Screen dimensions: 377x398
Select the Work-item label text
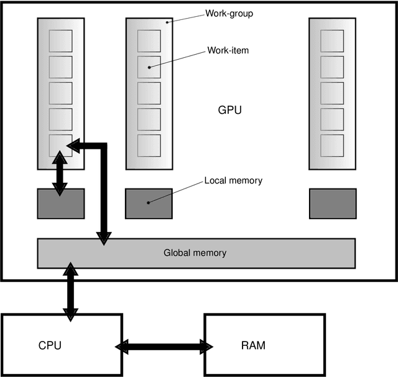click(228, 50)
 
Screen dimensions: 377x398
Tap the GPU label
click(229, 110)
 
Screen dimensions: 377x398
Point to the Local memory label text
click(233, 181)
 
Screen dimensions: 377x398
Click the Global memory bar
click(196, 253)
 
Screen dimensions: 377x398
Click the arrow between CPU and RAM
click(164, 345)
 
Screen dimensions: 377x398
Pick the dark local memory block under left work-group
click(60, 203)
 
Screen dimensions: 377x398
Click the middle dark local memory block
click(149, 203)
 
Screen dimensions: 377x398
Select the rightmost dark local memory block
click(333, 203)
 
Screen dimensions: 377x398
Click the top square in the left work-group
click(60, 40)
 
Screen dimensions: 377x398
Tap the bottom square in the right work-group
click(332, 145)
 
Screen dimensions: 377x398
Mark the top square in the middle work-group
click(149, 40)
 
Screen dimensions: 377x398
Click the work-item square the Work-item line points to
click(149, 67)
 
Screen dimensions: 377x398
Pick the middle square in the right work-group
click(332, 93)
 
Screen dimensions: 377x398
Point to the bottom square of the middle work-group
click(149, 145)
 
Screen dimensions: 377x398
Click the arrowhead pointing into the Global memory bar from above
click(103, 237)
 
